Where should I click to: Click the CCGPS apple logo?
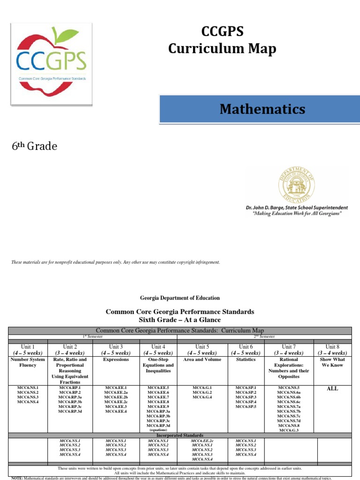(51, 64)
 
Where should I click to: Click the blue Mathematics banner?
(262, 110)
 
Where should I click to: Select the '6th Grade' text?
(34, 147)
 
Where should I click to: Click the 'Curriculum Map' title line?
(222, 48)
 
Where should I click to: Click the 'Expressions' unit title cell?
(116, 360)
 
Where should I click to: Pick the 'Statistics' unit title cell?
(246, 360)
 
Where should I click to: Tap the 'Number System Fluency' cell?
(29, 362)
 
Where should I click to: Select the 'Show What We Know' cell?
(332, 362)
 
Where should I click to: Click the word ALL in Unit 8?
(332, 389)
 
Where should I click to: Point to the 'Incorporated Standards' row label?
(180, 435)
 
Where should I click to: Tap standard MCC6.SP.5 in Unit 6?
(246, 406)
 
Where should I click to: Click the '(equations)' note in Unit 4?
(158, 429)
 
